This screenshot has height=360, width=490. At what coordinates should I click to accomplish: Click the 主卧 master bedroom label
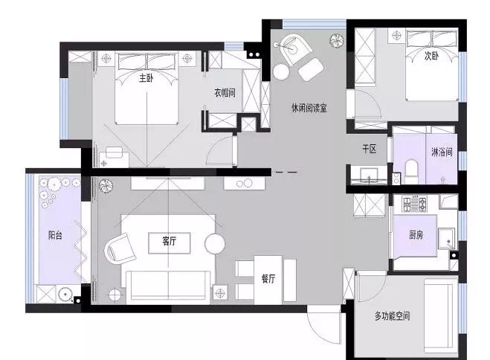click(146, 77)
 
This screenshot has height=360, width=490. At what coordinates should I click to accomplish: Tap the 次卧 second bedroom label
click(431, 56)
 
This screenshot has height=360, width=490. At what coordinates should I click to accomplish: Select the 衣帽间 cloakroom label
click(225, 92)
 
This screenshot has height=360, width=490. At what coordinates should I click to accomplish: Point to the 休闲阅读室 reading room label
click(309, 108)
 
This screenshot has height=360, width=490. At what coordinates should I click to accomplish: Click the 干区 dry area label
click(369, 149)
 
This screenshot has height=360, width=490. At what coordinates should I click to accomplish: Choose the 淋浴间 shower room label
click(442, 152)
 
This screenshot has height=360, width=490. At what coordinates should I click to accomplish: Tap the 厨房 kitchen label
click(416, 234)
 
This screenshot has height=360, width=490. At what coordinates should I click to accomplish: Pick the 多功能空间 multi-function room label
click(392, 316)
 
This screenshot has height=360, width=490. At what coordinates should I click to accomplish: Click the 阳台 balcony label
click(55, 235)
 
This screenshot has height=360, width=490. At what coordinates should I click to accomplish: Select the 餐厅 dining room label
click(268, 278)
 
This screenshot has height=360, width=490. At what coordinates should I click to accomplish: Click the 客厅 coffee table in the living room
click(170, 242)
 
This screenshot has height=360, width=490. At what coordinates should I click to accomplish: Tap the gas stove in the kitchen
click(414, 204)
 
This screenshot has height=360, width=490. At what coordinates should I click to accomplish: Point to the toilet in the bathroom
click(411, 172)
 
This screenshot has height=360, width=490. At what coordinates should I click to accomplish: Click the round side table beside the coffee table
click(215, 244)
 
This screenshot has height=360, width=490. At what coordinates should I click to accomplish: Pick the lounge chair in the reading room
click(295, 49)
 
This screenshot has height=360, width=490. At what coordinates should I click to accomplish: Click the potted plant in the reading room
click(337, 40)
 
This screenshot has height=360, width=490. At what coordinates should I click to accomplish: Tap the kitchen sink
click(447, 239)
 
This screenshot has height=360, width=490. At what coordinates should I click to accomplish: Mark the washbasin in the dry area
click(369, 176)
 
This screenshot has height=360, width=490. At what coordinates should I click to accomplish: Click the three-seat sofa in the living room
click(169, 286)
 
